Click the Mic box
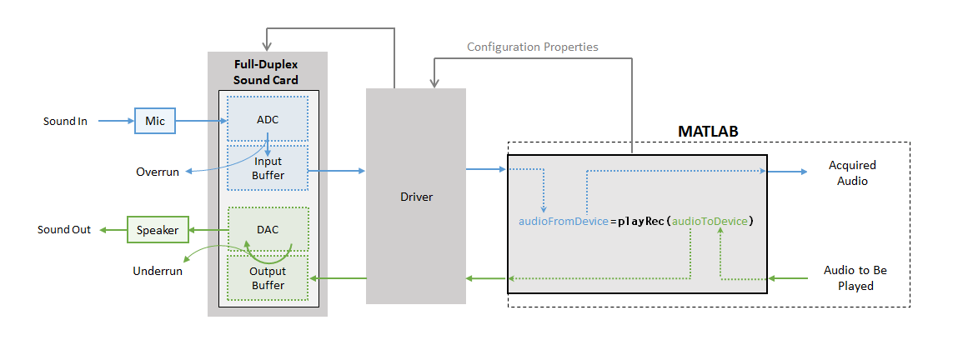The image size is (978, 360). [x=155, y=121]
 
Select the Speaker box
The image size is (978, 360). [x=158, y=229]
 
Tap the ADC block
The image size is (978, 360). [x=268, y=119]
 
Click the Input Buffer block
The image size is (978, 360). [x=268, y=168]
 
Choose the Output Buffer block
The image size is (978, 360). [x=268, y=278]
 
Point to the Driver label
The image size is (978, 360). [x=416, y=197]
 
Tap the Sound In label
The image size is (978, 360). [x=65, y=122]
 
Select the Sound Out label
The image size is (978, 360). [x=64, y=229]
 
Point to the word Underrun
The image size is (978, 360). [x=158, y=271]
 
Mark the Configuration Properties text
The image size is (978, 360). [x=532, y=47]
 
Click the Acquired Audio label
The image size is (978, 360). [x=852, y=172]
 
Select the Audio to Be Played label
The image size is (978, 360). [x=855, y=278]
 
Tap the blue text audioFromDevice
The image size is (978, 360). [x=564, y=222]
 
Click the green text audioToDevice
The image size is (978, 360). [x=710, y=222]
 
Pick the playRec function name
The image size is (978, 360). [x=640, y=222]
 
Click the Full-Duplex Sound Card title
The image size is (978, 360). [x=266, y=72]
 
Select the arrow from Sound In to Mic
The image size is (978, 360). [x=116, y=122]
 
